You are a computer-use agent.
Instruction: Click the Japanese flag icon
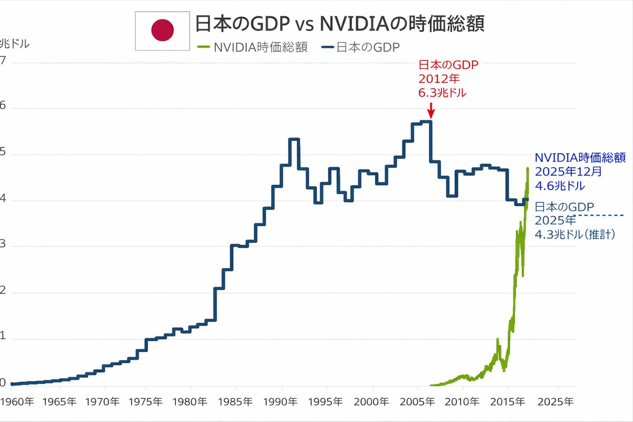(x=161, y=31)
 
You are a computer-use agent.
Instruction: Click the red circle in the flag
(x=162, y=31)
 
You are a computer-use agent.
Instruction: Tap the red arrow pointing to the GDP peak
(x=430, y=110)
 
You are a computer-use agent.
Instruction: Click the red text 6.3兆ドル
(x=442, y=92)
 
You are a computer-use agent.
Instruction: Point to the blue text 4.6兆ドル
(x=560, y=186)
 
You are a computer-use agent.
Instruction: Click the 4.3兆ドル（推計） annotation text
(x=576, y=234)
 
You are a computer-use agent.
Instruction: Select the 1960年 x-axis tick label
(x=17, y=401)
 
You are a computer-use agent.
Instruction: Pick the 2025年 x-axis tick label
(x=555, y=401)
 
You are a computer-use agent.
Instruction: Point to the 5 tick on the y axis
(x=4, y=154)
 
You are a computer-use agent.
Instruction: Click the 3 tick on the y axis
(x=4, y=246)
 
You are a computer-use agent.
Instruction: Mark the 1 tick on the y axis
(x=4, y=339)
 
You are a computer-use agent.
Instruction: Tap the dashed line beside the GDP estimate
(x=601, y=215)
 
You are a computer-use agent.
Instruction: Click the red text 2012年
(x=439, y=79)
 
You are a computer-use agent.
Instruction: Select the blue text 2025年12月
(x=568, y=171)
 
